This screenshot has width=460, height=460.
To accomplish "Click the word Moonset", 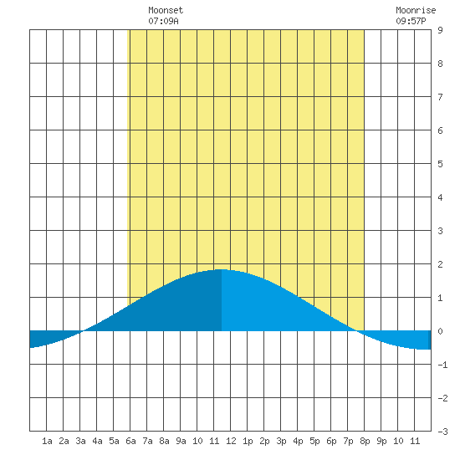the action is pos(166,10).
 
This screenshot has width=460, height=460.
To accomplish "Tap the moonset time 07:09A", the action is pos(163,21).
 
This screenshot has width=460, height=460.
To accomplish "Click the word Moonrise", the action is pos(416,10).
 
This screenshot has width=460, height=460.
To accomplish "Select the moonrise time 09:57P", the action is pos(411,21).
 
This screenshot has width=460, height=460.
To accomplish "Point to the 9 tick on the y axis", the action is pos(440,30).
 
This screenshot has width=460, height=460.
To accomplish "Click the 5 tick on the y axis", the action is pos(440,164).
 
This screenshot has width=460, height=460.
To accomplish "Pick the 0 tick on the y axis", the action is pos(440,331).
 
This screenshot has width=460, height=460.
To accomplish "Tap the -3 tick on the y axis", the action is pos(442,432).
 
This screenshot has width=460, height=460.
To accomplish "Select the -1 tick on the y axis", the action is pos(442,365).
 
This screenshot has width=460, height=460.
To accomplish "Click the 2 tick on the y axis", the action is pos(440,264).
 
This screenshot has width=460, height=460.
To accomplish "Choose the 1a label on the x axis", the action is pos(47,441).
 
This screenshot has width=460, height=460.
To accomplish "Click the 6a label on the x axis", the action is pos(130,441).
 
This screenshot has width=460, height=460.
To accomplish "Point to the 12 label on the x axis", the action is pos(231,441).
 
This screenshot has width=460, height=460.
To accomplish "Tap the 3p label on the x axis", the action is pos(281,441).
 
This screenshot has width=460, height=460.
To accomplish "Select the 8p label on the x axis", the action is pos(365,441).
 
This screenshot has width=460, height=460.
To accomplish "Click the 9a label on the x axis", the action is pos(181,441).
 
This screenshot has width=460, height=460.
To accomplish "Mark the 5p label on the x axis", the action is pos(314,441).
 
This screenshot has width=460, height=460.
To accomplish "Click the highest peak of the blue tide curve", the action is pos(222,269).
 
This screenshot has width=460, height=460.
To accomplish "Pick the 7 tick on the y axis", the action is pos(440,97).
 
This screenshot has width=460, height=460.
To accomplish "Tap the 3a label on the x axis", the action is pos(80,441).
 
